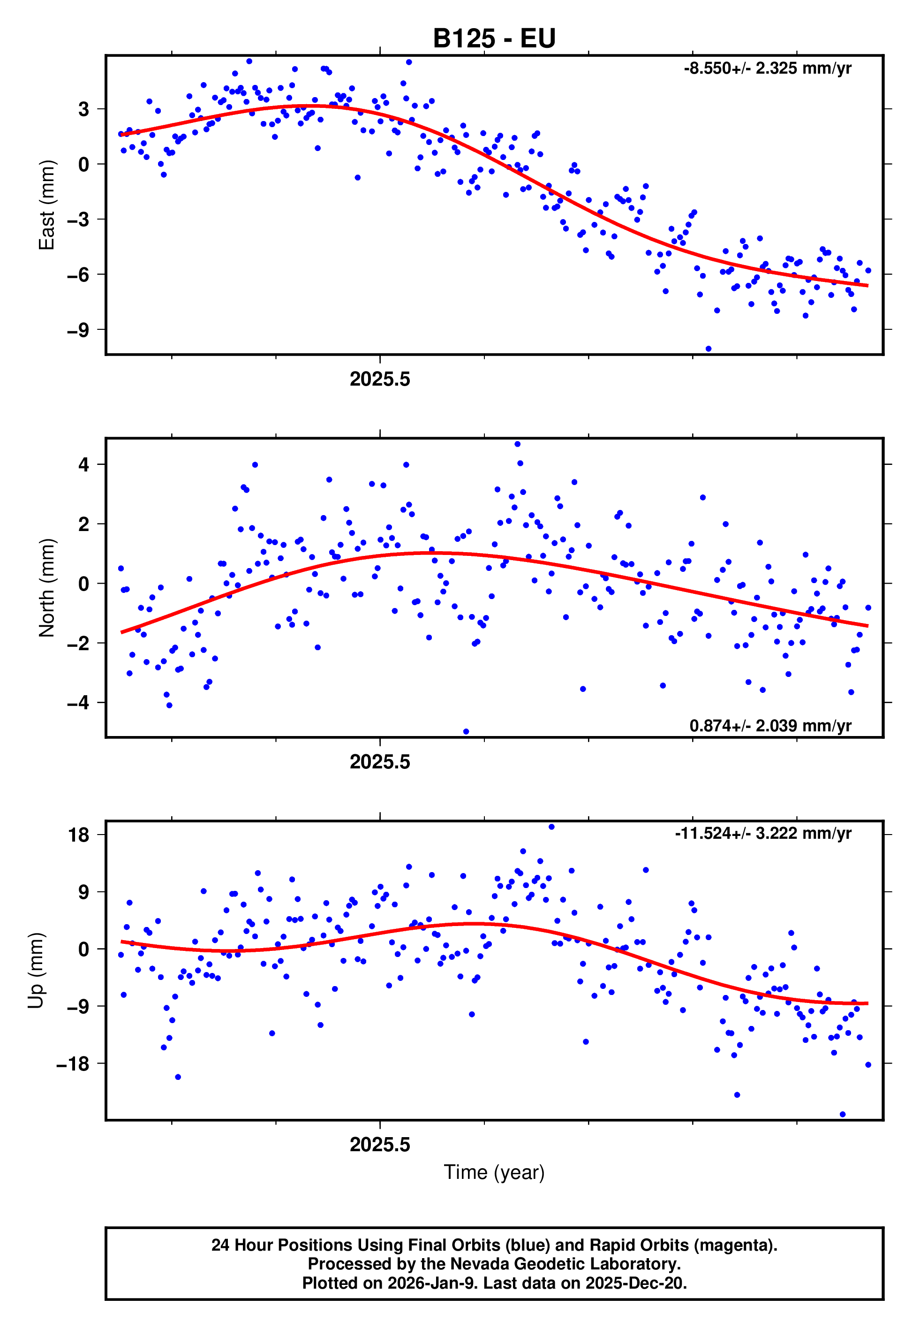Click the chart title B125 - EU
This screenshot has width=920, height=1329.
pos(494,38)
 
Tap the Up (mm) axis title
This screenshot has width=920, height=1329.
pos(36,971)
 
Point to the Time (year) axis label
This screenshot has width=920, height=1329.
pos(494,1172)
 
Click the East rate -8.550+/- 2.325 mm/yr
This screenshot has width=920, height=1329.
pos(767,68)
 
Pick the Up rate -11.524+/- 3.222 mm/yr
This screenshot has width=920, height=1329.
pos(763,833)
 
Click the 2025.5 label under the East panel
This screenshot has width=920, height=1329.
pos(380,380)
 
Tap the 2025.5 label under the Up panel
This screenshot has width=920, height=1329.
pos(380,1145)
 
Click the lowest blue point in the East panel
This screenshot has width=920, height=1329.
pos(709,349)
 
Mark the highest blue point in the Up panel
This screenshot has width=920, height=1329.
pos(551,827)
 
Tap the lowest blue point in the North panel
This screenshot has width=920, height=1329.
pos(466,732)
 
